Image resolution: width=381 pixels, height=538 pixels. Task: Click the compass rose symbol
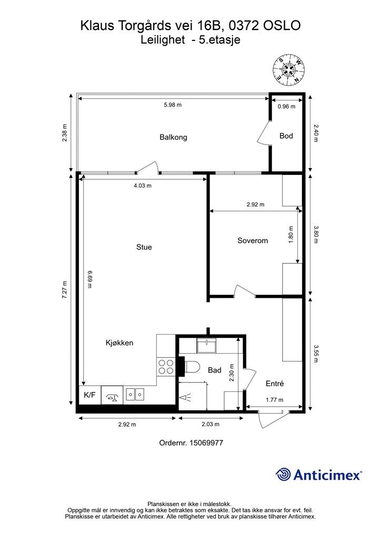pyautogui.click(x=289, y=69)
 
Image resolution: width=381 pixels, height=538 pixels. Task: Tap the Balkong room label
pyautogui.click(x=173, y=137)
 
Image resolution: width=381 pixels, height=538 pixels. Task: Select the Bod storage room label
pyautogui.click(x=286, y=136)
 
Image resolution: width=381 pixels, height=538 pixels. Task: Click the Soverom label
pyautogui.click(x=253, y=241)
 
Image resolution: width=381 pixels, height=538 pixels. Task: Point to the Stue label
pyautogui.click(x=144, y=247)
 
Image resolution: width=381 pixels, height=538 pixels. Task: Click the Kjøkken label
pyautogui.click(x=119, y=343)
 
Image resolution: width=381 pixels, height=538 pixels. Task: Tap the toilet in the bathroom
pyautogui.click(x=192, y=367)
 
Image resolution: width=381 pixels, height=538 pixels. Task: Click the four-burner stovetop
pyautogui.click(x=166, y=366)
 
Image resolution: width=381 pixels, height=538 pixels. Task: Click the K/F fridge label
pyautogui.click(x=89, y=395)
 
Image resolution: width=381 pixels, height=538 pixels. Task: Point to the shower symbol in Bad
pyautogui.click(x=185, y=398)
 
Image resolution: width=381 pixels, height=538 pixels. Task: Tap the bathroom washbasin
pyautogui.click(x=206, y=346)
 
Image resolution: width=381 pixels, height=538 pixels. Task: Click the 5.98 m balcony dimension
pyautogui.click(x=173, y=105)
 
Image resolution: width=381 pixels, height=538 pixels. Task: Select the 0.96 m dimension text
pyautogui.click(x=286, y=106)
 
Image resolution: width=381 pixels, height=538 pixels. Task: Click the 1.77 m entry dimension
pyautogui.click(x=275, y=400)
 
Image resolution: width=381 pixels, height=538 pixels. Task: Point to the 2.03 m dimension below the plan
pyautogui.click(x=210, y=424)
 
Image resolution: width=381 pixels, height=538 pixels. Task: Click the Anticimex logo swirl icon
pyautogui.click(x=283, y=474)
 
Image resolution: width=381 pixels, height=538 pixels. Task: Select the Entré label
pyautogui.click(x=275, y=384)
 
